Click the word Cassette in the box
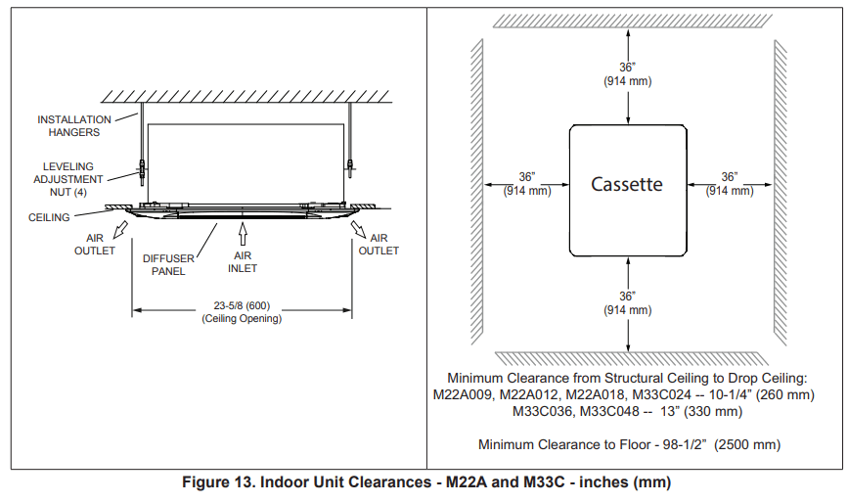tap(626, 184)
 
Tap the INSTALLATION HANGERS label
tap(74, 126)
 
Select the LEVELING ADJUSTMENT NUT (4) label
tap(68, 179)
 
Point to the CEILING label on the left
tap(49, 217)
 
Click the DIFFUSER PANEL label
tap(168, 265)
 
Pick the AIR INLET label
tap(243, 262)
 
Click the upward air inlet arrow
tap(243, 234)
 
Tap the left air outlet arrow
tap(120, 230)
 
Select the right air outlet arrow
tap(358, 229)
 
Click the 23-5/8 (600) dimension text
tap(242, 305)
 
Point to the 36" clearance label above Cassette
tap(627, 74)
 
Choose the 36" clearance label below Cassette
tap(627, 303)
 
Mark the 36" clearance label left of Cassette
tap(527, 184)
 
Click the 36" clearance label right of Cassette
tap(729, 184)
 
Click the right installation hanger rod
tap(350, 140)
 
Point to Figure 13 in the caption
tap(218, 481)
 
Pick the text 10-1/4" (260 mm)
tap(762, 394)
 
